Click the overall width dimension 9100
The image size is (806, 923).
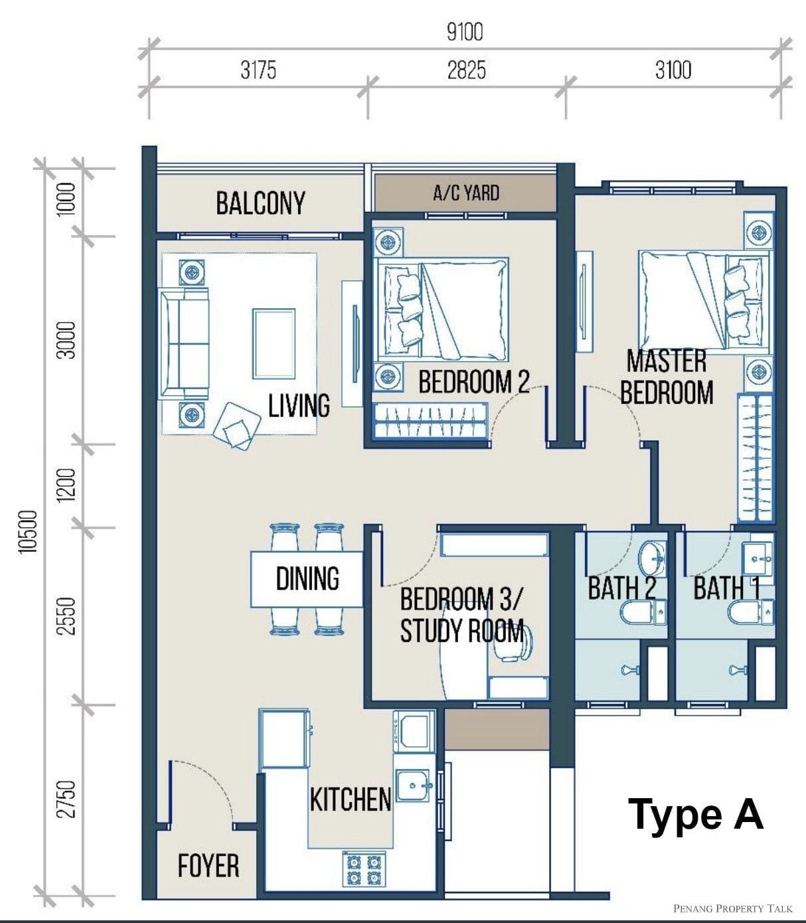point(465,32)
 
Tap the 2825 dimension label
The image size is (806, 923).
point(466,71)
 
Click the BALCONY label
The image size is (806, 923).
point(261,203)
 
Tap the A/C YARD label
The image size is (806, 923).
point(466,193)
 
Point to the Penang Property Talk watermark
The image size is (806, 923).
point(732,908)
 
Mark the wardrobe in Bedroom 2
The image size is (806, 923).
point(431,420)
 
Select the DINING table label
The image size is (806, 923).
point(307,579)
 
